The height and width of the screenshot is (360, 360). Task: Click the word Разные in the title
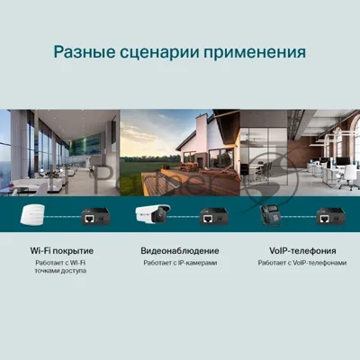85,52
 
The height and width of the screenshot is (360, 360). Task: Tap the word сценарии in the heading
159,53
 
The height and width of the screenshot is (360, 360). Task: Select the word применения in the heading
255,53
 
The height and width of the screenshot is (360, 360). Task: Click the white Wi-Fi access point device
32,214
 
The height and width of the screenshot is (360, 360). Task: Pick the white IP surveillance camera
153,213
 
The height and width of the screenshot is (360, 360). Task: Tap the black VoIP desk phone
270,214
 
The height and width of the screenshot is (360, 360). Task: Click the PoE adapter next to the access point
95,216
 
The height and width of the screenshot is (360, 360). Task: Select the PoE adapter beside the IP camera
214,216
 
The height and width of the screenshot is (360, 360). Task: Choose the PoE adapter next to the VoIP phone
331,216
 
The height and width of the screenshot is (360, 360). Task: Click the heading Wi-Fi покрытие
62,251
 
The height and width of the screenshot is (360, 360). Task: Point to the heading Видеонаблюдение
180,251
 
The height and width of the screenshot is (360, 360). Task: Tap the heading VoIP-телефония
302,251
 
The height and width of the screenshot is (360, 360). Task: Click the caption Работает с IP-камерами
180,263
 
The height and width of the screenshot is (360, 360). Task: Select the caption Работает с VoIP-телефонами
302,263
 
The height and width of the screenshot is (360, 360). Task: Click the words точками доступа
60,271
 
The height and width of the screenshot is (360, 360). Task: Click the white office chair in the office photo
349,176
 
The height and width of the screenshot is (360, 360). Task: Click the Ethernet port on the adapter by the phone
323,219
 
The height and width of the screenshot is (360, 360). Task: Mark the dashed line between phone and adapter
299,216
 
